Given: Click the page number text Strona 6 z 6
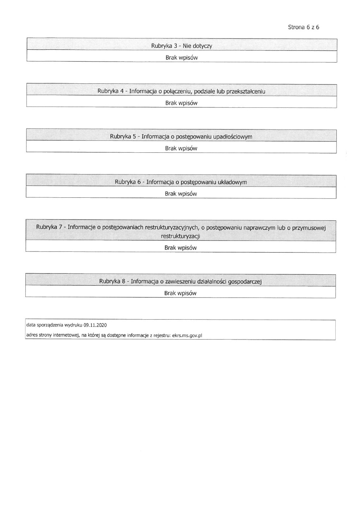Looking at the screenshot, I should pyautogui.click(x=303, y=27).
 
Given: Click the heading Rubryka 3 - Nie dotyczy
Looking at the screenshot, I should pyautogui.click(x=181, y=46).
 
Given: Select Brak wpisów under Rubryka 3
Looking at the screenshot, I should pyautogui.click(x=181, y=58).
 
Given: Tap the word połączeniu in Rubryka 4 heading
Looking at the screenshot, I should pyautogui.click(x=176, y=91).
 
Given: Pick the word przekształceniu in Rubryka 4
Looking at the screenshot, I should pyautogui.click(x=246, y=91).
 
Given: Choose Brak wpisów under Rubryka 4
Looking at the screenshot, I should pyautogui.click(x=181, y=103).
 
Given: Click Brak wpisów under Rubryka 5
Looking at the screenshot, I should pyautogui.click(x=181, y=148).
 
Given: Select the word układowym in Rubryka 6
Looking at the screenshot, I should pyautogui.click(x=232, y=182).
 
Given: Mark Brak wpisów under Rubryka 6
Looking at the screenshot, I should pyautogui.click(x=181, y=194).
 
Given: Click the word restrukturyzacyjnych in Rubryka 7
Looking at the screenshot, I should pyautogui.click(x=171, y=227).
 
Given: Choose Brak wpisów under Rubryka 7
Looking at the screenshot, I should pyautogui.click(x=180, y=248).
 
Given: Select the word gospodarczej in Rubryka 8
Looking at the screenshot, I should pyautogui.click(x=244, y=282).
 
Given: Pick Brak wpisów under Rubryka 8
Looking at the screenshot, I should pyautogui.click(x=180, y=293).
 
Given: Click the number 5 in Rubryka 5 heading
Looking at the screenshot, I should pyautogui.click(x=134, y=137).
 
